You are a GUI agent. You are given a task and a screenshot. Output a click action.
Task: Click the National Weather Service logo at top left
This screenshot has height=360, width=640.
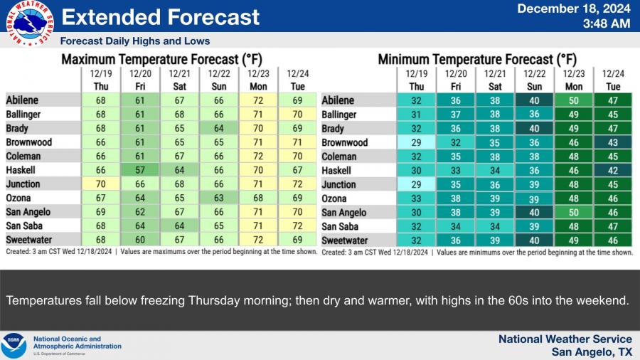pyautogui.click(x=30, y=24)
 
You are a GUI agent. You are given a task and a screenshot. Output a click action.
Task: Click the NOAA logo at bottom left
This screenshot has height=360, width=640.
pyautogui.click(x=14, y=345)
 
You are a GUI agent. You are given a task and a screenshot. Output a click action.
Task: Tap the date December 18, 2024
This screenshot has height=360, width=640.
pyautogui.click(x=573, y=9)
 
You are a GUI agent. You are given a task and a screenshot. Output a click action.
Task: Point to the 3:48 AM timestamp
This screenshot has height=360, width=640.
pyautogui.click(x=606, y=24)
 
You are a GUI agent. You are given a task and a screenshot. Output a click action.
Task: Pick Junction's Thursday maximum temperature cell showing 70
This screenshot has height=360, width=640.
pyautogui.click(x=100, y=184)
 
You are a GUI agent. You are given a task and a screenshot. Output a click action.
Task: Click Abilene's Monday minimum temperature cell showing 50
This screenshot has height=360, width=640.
pyautogui.click(x=573, y=101)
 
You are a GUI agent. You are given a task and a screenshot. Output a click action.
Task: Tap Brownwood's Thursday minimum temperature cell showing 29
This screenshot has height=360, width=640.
pyautogui.click(x=416, y=143)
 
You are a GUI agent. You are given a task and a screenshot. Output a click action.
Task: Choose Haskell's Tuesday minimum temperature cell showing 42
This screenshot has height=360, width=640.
pyautogui.click(x=613, y=171)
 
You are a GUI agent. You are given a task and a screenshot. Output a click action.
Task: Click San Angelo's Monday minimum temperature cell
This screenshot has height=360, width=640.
pyautogui.click(x=573, y=213)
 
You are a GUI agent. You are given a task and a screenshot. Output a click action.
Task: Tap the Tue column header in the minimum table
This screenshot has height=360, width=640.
pyautogui.click(x=613, y=87)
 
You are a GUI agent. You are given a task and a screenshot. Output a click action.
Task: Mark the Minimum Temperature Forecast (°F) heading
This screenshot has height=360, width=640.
pyautogui.click(x=477, y=60)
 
